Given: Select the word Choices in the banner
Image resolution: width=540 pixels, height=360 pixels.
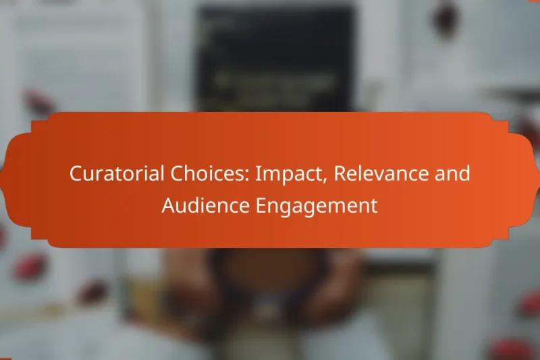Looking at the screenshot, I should coord(197,174).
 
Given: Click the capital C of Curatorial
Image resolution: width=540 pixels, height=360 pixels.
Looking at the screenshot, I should coord(75,174).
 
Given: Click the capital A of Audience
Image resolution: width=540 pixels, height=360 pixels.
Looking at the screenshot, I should coord(167,206).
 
